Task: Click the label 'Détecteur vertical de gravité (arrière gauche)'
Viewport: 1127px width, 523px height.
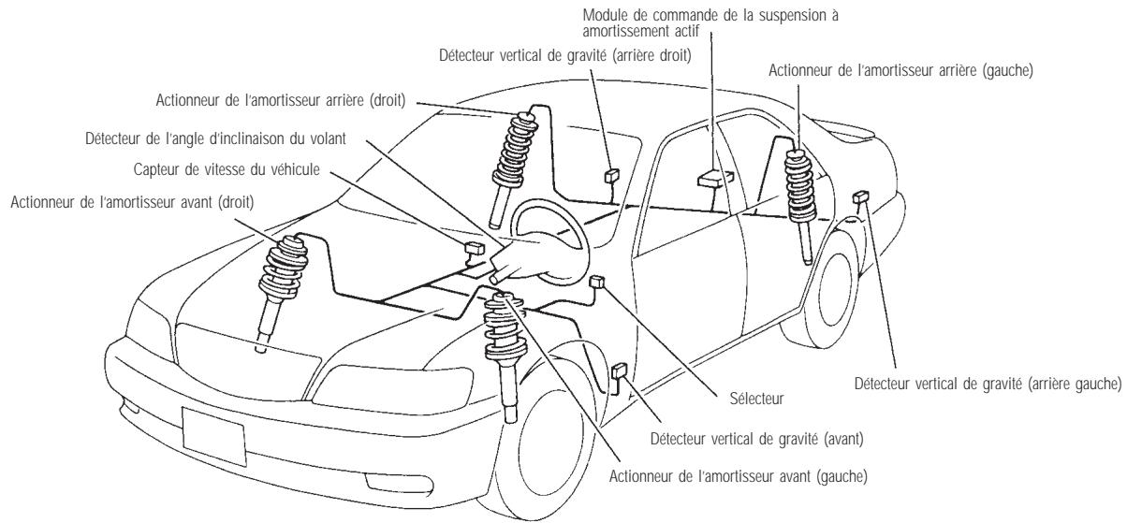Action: pyautogui.click(x=988, y=385)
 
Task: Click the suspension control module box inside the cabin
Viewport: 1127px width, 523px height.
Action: pyautogui.click(x=713, y=178)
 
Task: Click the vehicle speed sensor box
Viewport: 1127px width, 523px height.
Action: pyautogui.click(x=473, y=248)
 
